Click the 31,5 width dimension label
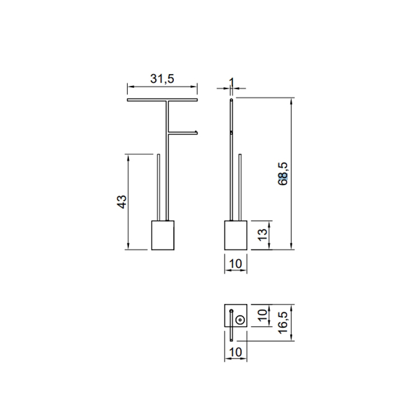click(162, 79)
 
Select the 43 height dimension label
click(122, 202)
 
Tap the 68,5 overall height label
click(283, 174)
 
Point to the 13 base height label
click(263, 235)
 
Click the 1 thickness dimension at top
click(231, 82)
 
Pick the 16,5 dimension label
click(283, 322)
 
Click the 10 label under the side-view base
click(235, 264)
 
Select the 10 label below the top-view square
click(235, 352)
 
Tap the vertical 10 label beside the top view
click(263, 315)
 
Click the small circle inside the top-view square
click(240, 319)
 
